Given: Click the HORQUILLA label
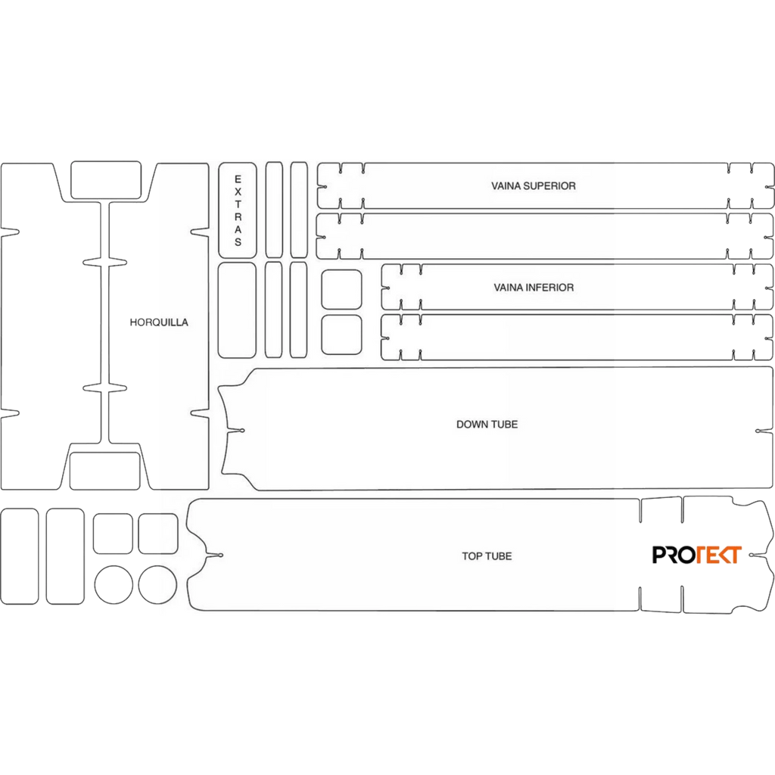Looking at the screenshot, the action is pos(159,322).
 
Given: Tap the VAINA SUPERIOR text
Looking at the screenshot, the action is pos(534,186).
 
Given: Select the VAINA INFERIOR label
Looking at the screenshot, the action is pos(534,287).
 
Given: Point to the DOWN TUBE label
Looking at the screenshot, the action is pos(487,424).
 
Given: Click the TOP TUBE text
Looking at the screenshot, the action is pos(487,556).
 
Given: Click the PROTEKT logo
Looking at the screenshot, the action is pos(697,555).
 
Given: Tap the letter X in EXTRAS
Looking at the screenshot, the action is pos(238,191).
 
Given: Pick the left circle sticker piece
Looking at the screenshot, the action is pos(114,585).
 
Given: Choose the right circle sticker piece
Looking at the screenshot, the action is pos(157,585).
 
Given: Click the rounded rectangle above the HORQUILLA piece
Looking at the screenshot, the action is pos(106,180).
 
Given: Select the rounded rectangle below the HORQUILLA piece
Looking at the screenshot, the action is pos(104,471).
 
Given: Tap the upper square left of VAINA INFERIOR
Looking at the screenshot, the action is pos(341,290).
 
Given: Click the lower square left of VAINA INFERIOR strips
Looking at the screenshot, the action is pos(341,335).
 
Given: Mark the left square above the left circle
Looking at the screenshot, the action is pos(113,534).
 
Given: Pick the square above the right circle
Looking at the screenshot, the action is pos(158,534).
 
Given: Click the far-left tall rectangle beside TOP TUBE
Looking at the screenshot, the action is pos(20,556).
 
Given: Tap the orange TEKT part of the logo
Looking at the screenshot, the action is pos(719,555).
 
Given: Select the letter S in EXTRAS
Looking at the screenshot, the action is pos(238,242).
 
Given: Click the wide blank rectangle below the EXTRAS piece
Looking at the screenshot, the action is pos(237,310).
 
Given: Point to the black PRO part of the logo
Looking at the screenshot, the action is pos(674,555).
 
